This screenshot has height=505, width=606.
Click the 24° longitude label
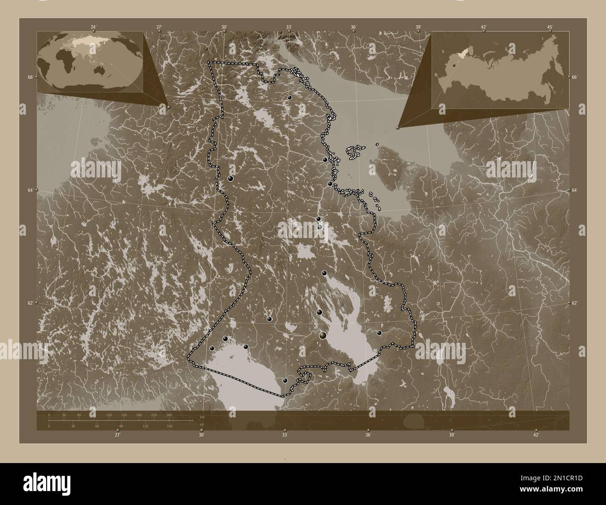coord(94,27)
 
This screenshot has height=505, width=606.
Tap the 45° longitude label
coord(550,27)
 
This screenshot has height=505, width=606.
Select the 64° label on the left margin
coord(30,191)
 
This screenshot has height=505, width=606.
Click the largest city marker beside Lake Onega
coord(323,335)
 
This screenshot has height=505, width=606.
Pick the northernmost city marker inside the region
coord(289,97)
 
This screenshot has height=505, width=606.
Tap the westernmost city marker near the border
coord(212,348)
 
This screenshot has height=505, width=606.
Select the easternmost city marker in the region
coord(379,333)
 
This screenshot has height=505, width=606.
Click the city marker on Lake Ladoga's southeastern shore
coord(285,381)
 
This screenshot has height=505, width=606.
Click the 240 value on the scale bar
coord(168,415)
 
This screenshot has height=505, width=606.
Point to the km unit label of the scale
coord(202,416)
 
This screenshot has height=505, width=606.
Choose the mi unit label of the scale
coord(201,425)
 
